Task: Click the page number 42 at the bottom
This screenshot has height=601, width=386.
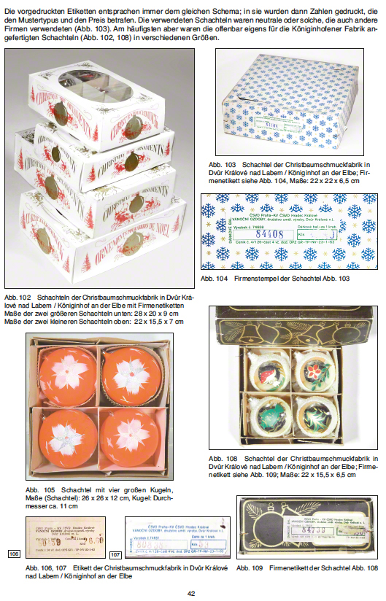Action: coord(191,593)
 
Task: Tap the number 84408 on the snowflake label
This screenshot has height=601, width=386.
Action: coord(267,234)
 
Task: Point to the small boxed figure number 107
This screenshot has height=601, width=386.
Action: coord(115,555)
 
